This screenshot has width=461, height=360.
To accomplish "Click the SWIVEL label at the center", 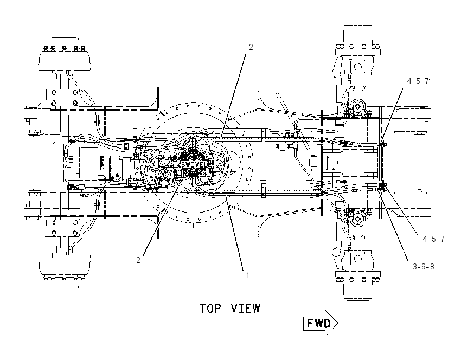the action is point(194,164).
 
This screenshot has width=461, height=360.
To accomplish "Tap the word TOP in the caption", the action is point(210,308).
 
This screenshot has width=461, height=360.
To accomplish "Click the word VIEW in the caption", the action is point(246,308).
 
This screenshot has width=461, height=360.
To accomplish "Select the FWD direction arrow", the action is point(321,323).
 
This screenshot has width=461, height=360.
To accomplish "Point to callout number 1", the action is point(247,275).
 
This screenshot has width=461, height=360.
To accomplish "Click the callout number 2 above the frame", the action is point(251,47).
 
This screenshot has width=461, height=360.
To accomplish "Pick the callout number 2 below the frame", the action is point(138,260).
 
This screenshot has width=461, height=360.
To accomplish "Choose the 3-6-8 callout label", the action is point(424,267).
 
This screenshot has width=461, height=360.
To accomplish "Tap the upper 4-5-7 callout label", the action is point(418,81).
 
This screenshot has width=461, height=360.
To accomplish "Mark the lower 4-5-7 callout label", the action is point(434,239).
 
